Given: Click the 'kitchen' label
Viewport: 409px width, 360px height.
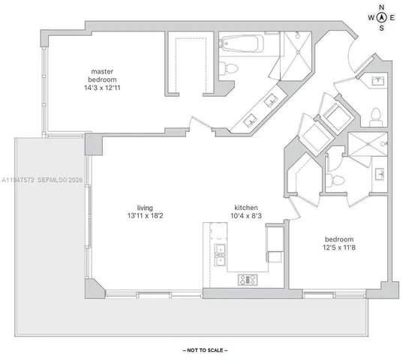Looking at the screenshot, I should coord(246,207).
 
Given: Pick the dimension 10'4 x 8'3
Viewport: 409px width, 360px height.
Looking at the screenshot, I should coord(246,217).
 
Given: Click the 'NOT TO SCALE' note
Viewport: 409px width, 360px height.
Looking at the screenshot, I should coord(205,349).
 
